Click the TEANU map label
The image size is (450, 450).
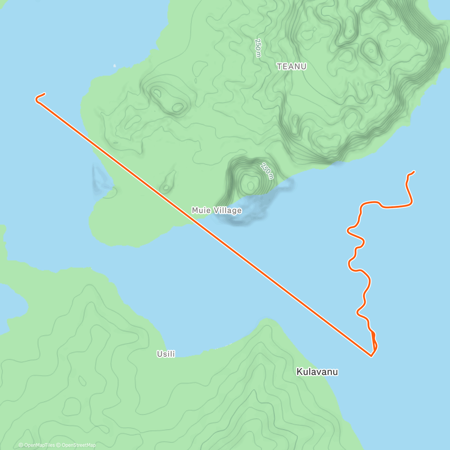[292, 66]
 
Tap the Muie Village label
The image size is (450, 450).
[217, 210]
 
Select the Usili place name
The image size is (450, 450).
[166, 354]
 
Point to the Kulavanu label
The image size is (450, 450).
[317, 372]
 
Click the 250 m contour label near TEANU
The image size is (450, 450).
[258, 48]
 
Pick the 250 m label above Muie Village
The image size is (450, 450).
[267, 171]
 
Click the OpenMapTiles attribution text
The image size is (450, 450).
[37, 445]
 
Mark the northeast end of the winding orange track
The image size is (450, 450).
[414, 171]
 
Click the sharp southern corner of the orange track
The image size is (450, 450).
[371, 355]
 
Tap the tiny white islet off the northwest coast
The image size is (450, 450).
[115, 66]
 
